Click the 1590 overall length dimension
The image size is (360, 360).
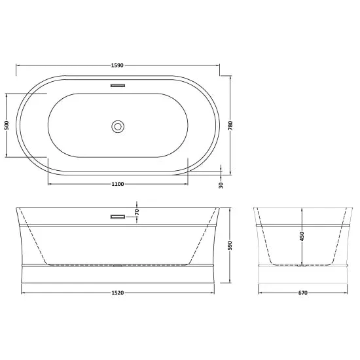tap(117, 65)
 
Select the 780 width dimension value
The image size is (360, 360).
tap(230, 126)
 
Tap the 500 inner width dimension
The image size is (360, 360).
tap(7, 126)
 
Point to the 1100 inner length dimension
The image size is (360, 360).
tap(118, 184)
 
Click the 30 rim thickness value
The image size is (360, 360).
tap(221, 185)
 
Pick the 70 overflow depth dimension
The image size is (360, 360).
tap(137, 212)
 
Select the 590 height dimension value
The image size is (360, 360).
tap(230, 245)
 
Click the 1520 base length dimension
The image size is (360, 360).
tap(118, 293)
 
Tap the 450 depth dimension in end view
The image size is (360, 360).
tap(302, 236)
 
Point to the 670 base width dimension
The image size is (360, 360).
tap(303, 293)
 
